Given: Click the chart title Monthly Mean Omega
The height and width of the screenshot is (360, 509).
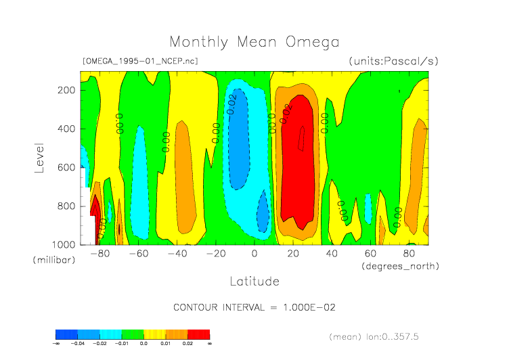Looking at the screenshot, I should [x=254, y=42].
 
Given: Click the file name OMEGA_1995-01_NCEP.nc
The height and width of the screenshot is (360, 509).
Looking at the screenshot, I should [x=139, y=61].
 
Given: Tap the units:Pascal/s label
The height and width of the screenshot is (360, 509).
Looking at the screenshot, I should [x=394, y=61].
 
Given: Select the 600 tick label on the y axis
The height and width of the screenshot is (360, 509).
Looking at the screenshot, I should [x=66, y=167].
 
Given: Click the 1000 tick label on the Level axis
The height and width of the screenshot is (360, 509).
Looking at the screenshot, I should [x=64, y=244].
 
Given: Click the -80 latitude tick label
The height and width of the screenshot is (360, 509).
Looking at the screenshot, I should [x=99, y=254].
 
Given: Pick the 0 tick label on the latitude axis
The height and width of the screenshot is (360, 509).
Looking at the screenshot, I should [x=255, y=254].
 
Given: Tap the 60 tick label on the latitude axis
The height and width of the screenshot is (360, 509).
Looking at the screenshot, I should [x=370, y=254].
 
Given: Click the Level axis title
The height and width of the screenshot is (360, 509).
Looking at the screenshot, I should [x=39, y=156].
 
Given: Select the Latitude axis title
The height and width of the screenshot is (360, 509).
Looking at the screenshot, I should [x=254, y=281].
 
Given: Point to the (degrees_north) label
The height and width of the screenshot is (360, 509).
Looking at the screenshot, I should [x=400, y=266].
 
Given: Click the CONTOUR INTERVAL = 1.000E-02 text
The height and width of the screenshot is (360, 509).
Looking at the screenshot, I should [x=254, y=307].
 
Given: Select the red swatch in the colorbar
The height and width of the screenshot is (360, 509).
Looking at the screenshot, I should [x=198, y=334].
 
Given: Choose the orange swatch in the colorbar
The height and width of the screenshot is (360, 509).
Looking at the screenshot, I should [x=177, y=334].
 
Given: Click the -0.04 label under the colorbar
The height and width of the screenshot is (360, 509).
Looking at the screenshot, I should [x=78, y=344].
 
